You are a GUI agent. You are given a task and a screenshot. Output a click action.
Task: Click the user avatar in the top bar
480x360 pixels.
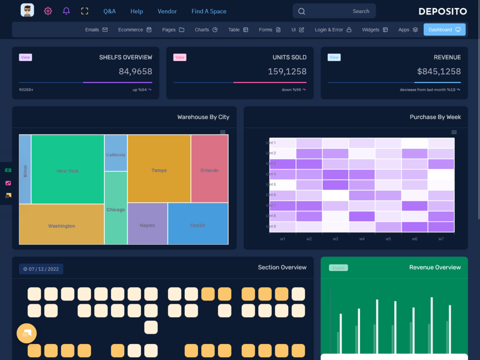[x=27, y=10]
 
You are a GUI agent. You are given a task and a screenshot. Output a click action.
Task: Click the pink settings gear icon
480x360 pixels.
[x=48, y=11]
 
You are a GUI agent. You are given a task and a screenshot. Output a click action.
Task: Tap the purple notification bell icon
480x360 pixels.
[x=66, y=11]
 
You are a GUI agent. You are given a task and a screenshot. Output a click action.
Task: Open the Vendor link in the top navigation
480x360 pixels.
[x=167, y=11]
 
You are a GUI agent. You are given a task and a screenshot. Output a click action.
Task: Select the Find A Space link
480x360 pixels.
[x=209, y=11]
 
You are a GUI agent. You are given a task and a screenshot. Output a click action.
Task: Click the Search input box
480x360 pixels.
[x=334, y=11]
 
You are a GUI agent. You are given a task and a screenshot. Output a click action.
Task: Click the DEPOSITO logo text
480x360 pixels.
[x=442, y=11]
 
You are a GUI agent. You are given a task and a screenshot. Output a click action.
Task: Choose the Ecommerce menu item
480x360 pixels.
[x=135, y=30]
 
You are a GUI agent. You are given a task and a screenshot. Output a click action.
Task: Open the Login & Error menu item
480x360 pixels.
[x=333, y=30]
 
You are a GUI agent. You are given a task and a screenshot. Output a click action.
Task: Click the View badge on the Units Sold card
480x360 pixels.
[x=180, y=57]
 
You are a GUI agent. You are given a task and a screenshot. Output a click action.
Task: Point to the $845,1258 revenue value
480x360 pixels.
[x=439, y=71]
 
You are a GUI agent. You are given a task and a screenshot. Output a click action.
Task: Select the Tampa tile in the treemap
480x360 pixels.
[x=159, y=170]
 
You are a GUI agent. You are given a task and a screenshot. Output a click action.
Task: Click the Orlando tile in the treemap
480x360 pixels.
[x=209, y=170]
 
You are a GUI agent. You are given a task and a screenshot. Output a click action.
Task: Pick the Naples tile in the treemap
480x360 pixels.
[x=147, y=225]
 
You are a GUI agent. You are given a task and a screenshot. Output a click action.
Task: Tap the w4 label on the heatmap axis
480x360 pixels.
[x=362, y=239]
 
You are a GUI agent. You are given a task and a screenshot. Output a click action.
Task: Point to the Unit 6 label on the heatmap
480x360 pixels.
[x=271, y=195]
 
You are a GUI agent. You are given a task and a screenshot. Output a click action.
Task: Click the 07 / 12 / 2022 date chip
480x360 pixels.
[x=41, y=269]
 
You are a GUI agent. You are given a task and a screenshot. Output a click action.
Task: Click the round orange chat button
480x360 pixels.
[x=27, y=333]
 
